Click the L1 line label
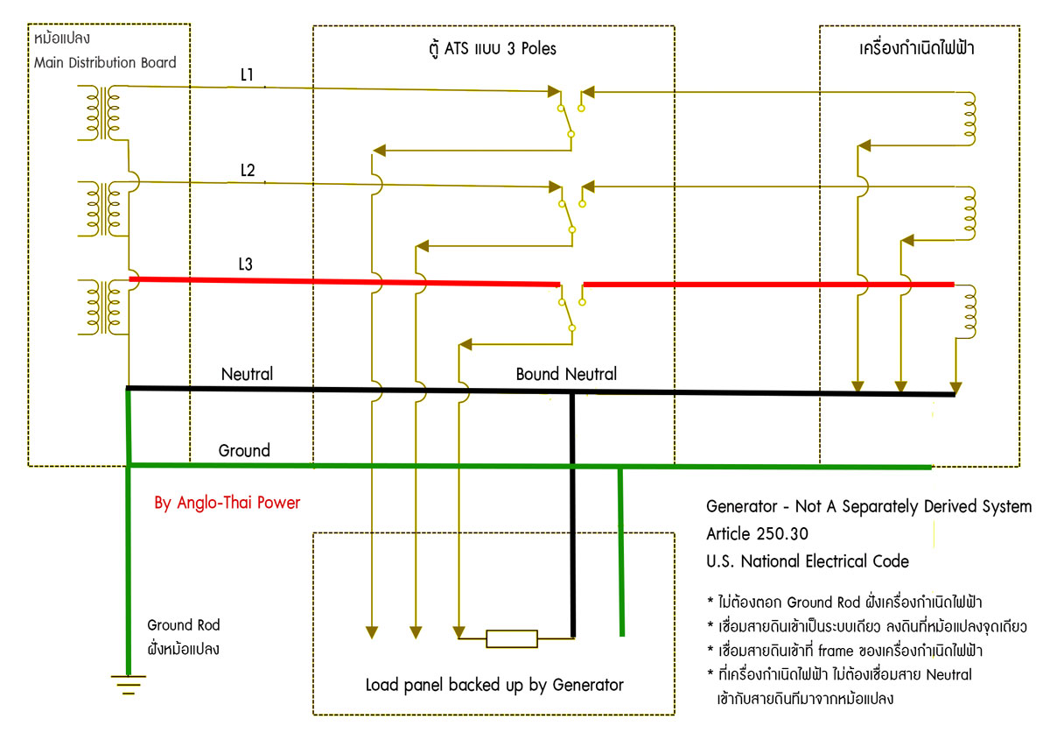[247, 75]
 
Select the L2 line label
[248, 171]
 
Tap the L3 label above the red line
[248, 264]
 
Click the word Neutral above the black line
[247, 374]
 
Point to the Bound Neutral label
[566, 374]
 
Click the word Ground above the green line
[244, 451]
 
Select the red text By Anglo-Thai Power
[227, 503]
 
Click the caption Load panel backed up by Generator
[494, 685]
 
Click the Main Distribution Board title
[105, 62]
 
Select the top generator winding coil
[969, 116]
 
